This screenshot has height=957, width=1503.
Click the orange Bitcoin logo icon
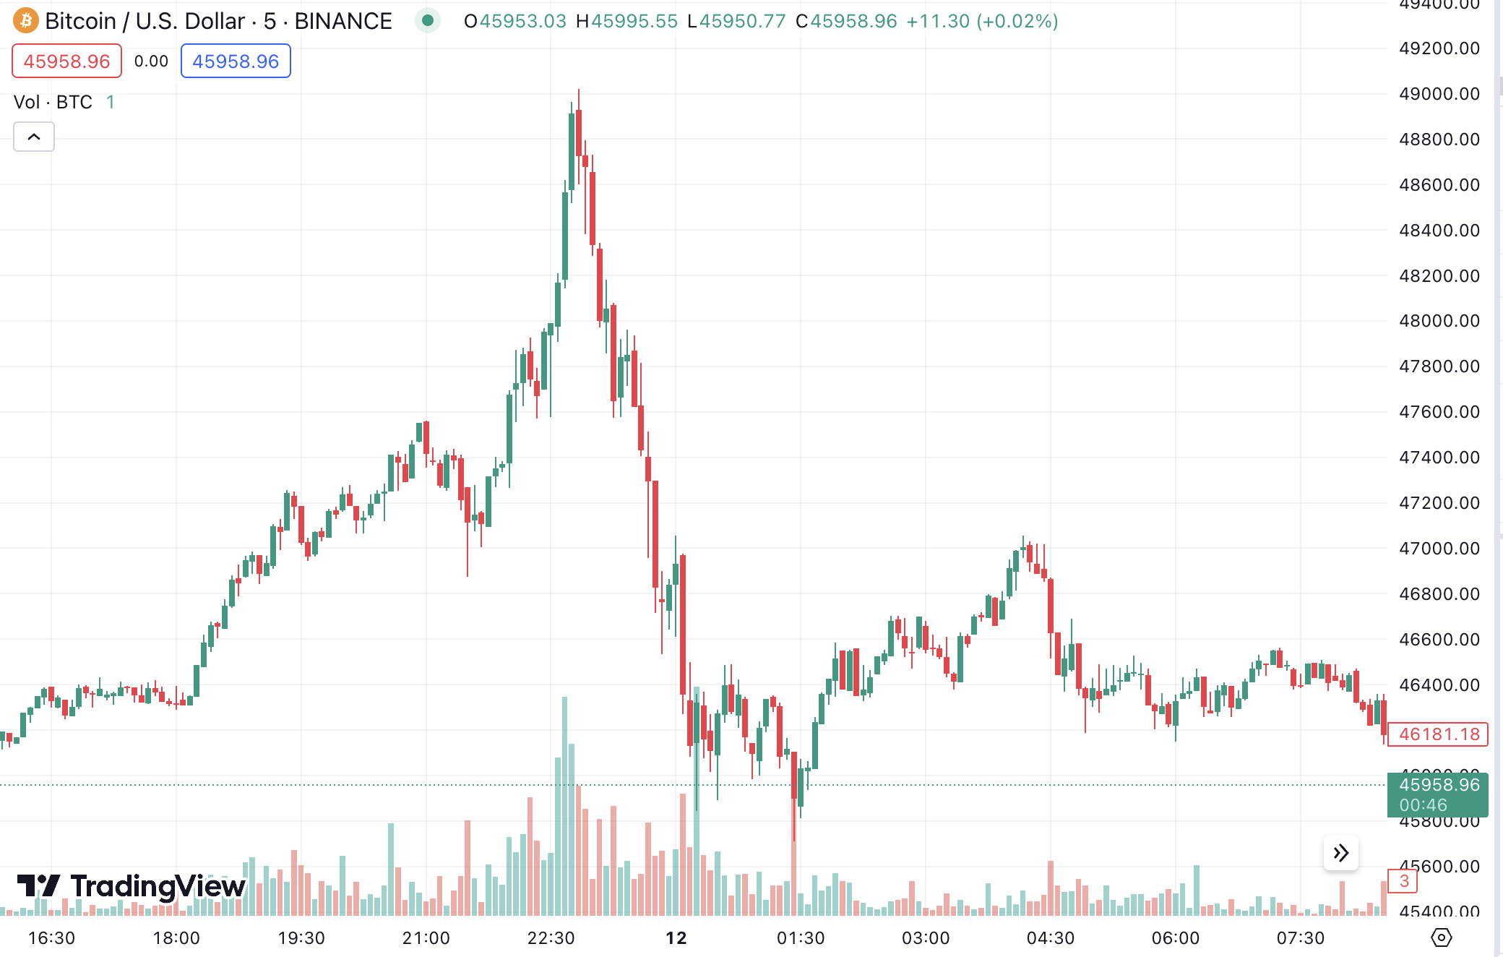(x=26, y=21)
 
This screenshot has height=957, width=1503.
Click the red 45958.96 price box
(x=66, y=61)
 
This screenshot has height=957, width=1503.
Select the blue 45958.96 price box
(x=236, y=61)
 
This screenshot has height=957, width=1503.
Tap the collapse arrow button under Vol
(x=34, y=137)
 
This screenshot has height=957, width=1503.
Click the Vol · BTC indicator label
(x=53, y=102)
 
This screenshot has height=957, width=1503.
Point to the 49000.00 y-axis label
(x=1439, y=94)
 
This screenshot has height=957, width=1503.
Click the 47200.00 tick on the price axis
(x=1439, y=503)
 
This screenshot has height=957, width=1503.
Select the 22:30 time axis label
(x=551, y=938)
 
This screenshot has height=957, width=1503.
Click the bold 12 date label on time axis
(x=676, y=938)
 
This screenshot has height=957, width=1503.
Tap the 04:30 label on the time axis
(x=1050, y=938)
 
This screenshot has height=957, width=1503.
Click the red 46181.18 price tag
(x=1437, y=734)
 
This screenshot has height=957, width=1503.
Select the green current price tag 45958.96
(x=1437, y=794)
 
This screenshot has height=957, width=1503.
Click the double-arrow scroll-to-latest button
(x=1341, y=853)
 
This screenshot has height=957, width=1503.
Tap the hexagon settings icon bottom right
(x=1441, y=938)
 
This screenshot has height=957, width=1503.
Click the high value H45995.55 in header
(x=626, y=21)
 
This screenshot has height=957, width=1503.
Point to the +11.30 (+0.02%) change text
(x=981, y=21)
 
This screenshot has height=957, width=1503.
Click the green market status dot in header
(x=428, y=21)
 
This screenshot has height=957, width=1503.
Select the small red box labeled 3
(x=1403, y=881)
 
